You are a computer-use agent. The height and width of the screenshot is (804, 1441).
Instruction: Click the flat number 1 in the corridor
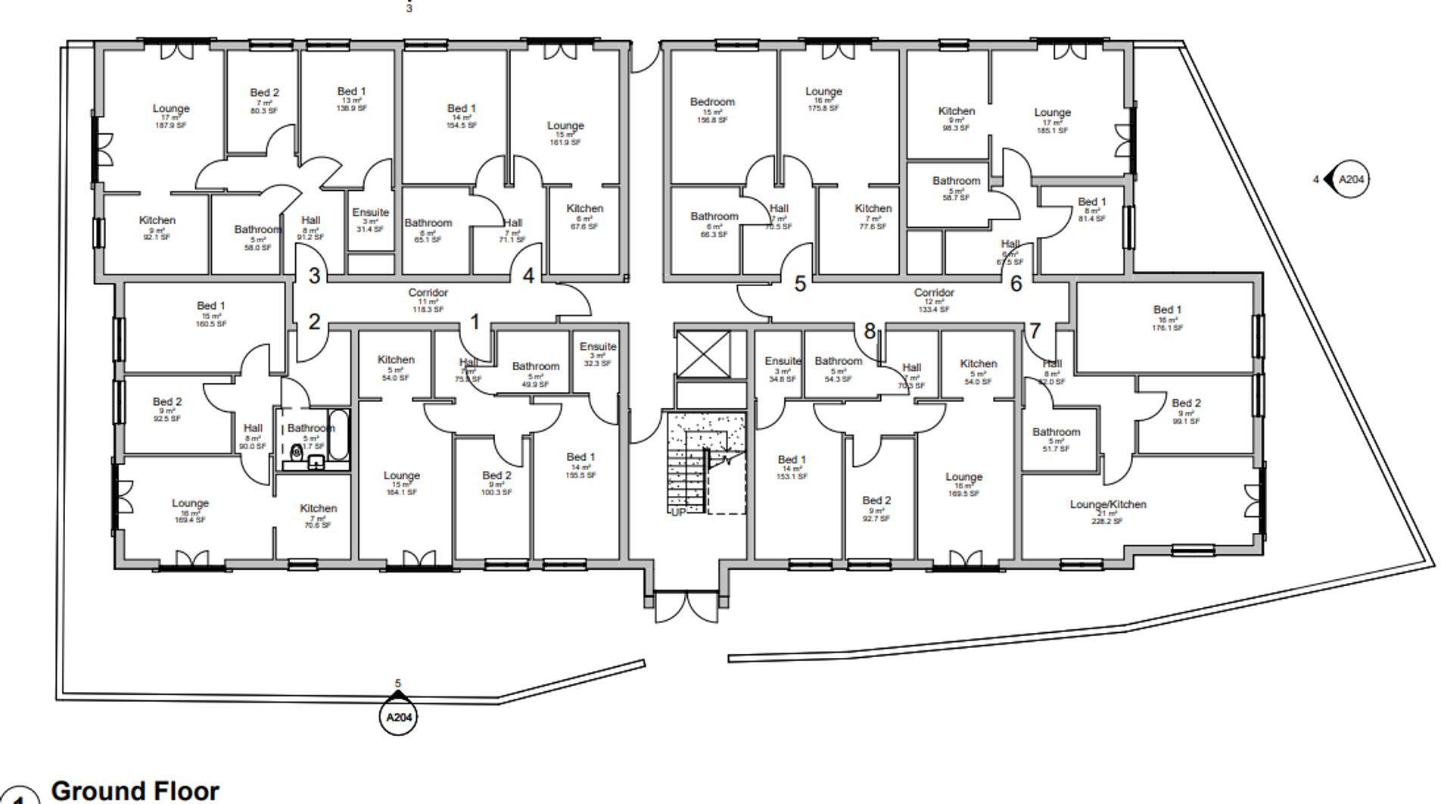tap(475, 323)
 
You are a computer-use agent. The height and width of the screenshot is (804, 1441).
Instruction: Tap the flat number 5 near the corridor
tap(800, 284)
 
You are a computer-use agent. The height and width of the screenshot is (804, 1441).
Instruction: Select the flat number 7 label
tap(1035, 331)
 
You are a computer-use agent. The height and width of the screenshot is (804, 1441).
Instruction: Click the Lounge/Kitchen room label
tap(1107, 504)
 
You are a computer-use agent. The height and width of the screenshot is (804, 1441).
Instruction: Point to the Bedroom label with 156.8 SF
tap(712, 102)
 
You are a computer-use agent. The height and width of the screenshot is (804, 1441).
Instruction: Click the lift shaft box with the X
tap(703, 354)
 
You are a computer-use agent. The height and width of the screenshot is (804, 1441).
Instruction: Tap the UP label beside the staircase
tap(677, 513)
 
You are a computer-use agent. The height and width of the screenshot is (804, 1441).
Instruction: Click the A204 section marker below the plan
tap(398, 717)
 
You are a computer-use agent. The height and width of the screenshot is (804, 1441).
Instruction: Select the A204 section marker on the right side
tap(1351, 179)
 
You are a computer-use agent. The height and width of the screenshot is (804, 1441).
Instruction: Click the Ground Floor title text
tap(135, 790)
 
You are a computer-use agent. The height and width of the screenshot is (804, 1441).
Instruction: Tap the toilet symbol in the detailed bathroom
tap(296, 453)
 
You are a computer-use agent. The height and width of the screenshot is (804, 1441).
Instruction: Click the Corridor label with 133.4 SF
tap(933, 293)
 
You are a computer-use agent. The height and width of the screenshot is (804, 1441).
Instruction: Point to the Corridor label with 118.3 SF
tap(428, 293)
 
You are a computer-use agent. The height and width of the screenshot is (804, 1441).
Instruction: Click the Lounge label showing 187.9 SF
tap(170, 109)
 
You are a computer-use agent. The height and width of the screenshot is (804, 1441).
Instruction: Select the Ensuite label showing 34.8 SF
tap(782, 361)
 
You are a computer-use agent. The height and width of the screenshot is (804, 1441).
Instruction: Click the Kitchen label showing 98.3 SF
tap(956, 111)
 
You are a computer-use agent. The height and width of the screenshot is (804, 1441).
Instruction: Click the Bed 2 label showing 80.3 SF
tap(264, 93)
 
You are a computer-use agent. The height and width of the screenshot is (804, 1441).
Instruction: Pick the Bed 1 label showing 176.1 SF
tap(1167, 310)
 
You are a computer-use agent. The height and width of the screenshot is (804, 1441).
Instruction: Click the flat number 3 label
tap(314, 276)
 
